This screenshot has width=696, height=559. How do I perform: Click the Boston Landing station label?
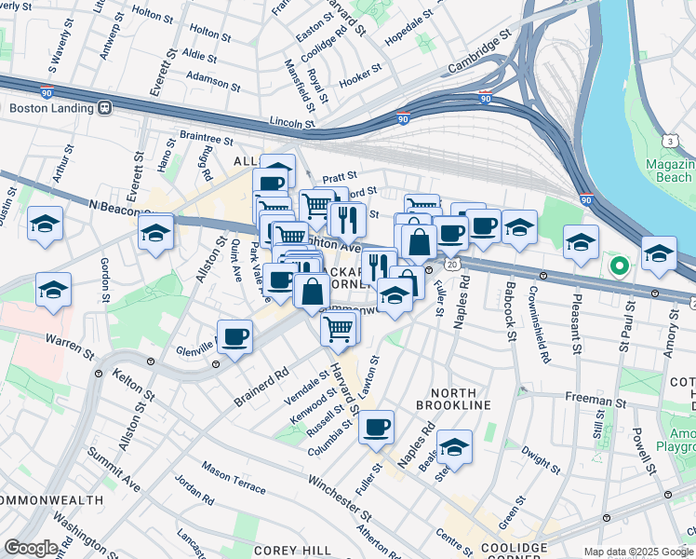(53, 107)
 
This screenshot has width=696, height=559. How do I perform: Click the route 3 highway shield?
(670, 141)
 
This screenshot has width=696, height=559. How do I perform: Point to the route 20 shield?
(451, 266)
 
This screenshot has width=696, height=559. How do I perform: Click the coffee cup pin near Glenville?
(235, 336)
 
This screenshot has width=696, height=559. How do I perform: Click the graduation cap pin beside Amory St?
(659, 254)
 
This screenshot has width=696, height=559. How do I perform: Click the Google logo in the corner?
(31, 547)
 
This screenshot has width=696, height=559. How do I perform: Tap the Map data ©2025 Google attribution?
(636, 552)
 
